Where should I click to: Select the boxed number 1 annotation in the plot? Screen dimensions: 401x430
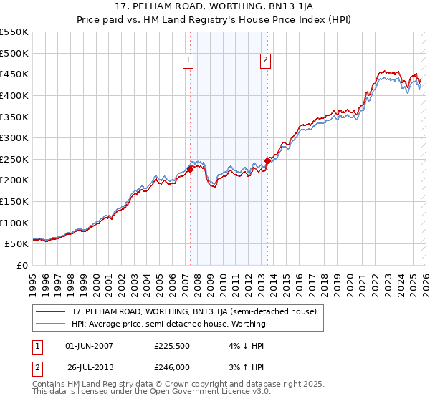tap(188, 61)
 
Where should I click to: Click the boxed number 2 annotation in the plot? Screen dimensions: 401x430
tap(265, 61)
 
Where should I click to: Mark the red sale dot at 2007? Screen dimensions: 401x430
tap(191, 170)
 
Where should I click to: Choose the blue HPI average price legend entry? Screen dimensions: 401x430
tap(168, 324)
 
